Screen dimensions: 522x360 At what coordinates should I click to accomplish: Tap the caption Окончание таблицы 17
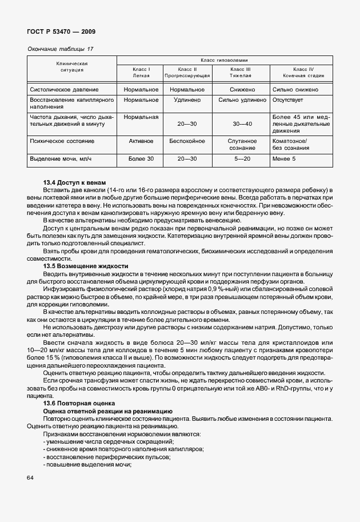pyautogui.click(x=60, y=49)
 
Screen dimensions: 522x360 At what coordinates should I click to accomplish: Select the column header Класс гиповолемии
pyautogui.click(x=224, y=60)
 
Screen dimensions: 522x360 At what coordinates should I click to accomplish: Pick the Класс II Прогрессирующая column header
pyautogui.click(x=187, y=72)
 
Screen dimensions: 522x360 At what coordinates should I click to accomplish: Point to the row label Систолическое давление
pyautogui.click(x=64, y=90)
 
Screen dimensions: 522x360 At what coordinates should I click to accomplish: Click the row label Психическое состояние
pyautogui.click(x=62, y=141)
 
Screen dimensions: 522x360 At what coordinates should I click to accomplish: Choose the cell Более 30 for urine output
pyautogui.click(x=141, y=158)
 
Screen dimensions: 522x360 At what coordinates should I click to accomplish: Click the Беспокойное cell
pyautogui.click(x=187, y=141)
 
